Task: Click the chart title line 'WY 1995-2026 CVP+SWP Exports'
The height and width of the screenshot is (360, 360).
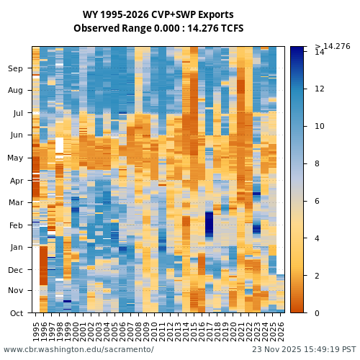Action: point(158,14)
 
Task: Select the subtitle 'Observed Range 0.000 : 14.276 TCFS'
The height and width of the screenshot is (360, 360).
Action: point(158,29)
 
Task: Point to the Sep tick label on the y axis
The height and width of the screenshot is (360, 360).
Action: point(16,68)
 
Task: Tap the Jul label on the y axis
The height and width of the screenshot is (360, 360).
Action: point(18,113)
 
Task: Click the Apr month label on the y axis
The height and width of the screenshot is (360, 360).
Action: point(16,180)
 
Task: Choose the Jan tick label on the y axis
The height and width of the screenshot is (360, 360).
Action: point(16,247)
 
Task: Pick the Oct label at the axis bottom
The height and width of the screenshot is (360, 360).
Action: point(16,312)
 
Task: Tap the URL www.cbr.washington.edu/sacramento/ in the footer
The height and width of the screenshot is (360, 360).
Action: point(78,349)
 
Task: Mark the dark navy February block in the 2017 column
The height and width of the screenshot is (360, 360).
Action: point(210,225)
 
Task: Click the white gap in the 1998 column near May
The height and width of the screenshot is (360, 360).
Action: point(59,145)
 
